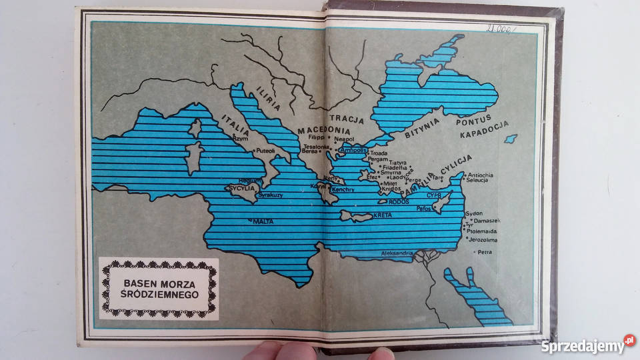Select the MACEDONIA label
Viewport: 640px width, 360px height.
324,130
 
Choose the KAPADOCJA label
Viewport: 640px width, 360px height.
485,129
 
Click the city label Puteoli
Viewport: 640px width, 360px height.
265,151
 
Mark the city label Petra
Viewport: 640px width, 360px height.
484,253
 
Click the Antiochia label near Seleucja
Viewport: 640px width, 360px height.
481,175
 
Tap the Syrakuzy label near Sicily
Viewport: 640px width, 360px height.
271,195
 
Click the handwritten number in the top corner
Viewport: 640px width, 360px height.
501,29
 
